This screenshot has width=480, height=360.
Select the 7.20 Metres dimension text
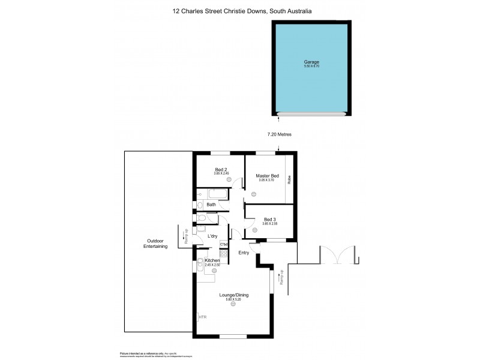279,134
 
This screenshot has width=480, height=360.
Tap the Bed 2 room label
221,170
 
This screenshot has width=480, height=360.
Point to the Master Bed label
268,175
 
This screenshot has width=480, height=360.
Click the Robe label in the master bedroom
289,178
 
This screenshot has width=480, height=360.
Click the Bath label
211,205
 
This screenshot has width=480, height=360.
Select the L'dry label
212,236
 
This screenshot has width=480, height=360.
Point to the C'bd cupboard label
224,244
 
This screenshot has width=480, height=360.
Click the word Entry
243,253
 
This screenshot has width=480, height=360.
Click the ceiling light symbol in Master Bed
254,193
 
